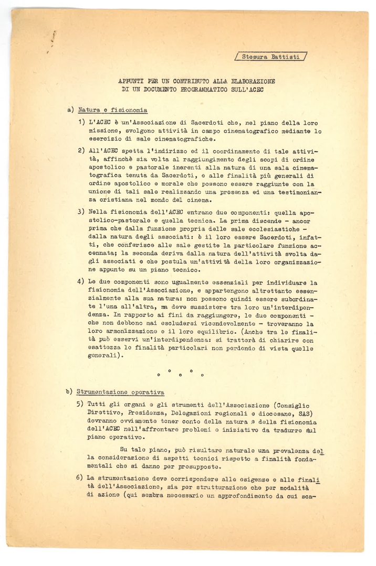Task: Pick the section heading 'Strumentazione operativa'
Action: click(121, 391)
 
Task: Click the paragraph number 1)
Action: click(81, 122)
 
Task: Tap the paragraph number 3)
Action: click(81, 215)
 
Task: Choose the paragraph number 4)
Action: click(81, 281)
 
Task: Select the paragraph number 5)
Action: click(81, 404)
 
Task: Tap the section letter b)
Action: click(70, 391)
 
